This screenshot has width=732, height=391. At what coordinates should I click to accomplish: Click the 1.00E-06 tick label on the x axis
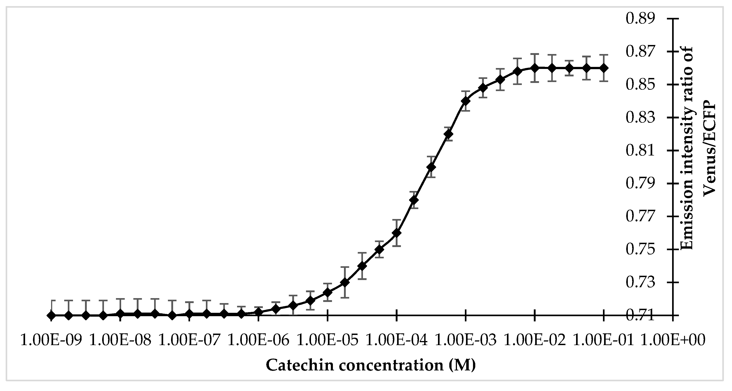point(259,340)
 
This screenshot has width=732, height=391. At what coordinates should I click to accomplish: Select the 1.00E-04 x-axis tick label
point(397,340)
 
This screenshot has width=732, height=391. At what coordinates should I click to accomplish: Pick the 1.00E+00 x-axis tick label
point(673,340)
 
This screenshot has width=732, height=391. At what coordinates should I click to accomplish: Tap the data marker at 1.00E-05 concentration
point(328,292)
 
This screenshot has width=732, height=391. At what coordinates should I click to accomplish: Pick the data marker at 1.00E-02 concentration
point(535,68)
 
